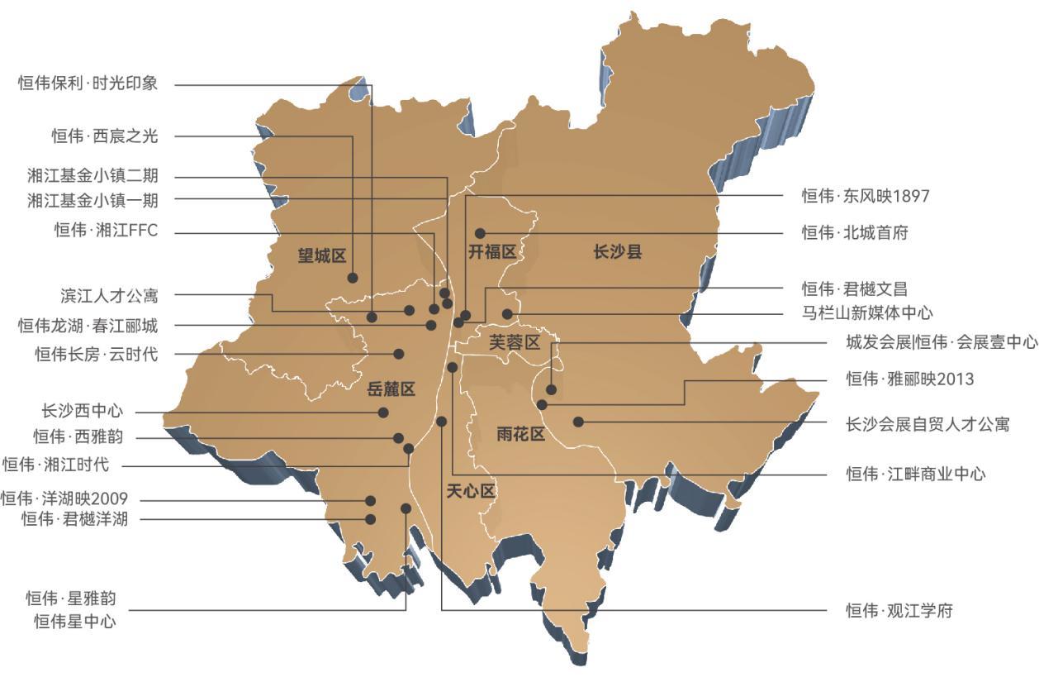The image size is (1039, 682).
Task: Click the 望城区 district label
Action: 321,255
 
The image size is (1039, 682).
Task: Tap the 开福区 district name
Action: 492,252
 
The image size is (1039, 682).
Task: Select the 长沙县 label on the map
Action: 617,252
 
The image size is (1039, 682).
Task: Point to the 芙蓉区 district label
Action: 514,342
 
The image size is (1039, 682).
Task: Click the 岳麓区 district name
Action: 391,389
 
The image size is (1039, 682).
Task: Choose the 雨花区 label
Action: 521,434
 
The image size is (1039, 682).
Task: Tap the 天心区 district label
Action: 470,491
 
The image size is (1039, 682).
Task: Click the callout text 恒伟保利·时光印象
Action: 88,83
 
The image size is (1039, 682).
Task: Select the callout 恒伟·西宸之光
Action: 104,136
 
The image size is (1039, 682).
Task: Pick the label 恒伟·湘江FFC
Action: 106,231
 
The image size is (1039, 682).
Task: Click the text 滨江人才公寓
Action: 109,294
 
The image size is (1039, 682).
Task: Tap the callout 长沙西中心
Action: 83,410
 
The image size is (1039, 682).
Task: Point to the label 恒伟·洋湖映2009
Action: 64,498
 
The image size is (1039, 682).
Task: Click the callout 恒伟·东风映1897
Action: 866,196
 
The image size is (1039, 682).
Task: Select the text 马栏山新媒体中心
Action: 867,312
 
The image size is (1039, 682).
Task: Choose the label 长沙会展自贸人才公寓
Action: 928,424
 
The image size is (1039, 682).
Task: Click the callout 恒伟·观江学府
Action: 899,611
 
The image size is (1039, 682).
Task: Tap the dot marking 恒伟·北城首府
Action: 480,234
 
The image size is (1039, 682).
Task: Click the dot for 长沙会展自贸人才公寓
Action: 578,422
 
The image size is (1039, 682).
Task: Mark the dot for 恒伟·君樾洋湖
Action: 370,519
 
